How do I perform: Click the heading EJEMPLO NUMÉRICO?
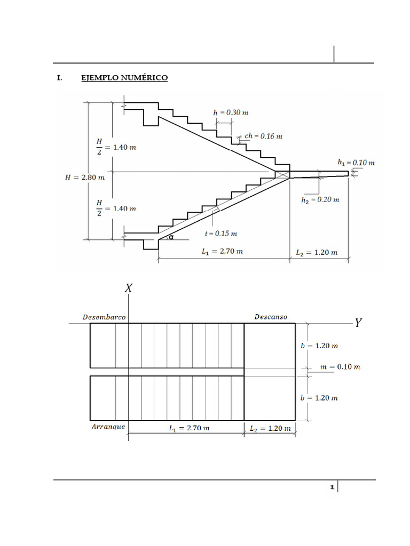pos(124,78)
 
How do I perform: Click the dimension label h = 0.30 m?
pos(231,113)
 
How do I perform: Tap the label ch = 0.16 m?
pos(263,136)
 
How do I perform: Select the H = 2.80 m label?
pos(85,177)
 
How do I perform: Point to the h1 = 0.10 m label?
pos(356,163)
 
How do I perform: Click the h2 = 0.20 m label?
pos(320,200)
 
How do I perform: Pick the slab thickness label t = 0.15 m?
pos(221,234)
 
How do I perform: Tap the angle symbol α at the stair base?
pos(171,237)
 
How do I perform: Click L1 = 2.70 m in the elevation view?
pos(223,252)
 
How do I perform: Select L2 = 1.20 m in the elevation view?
pos(317,252)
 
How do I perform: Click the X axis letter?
pos(129,288)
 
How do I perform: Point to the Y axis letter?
pos(358,323)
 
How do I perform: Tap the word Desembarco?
pos(104,317)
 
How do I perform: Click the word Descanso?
pos(271,317)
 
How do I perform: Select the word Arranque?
pos(108,427)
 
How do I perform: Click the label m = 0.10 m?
pos(340,367)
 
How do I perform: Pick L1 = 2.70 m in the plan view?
pos(190,428)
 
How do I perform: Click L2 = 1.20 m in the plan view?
pos(270,429)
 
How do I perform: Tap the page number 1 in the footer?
pos(332,487)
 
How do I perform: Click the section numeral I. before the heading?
pos(60,78)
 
